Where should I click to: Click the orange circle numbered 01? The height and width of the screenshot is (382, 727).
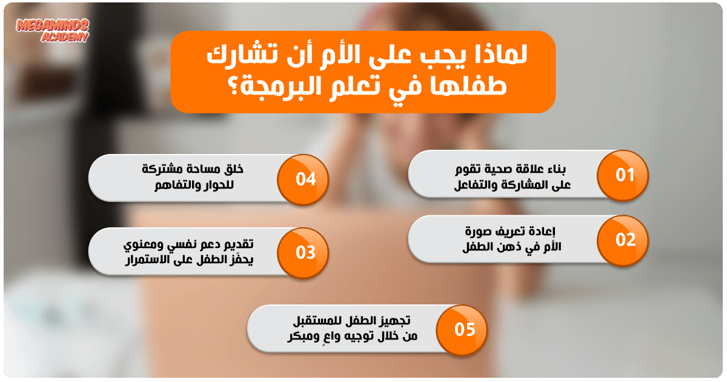[623, 175]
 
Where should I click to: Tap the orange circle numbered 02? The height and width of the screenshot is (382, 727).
[623, 240]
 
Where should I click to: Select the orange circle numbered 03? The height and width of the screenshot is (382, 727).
[303, 253]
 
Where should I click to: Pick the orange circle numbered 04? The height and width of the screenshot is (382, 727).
[303, 179]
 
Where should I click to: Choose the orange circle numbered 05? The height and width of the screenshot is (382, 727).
[462, 330]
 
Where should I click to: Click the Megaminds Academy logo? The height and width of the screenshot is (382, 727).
[52, 30]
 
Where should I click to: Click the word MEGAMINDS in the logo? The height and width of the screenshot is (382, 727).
[52, 25]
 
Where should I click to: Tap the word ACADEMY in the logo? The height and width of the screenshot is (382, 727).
[65, 37]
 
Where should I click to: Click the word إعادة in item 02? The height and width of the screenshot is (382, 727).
[542, 232]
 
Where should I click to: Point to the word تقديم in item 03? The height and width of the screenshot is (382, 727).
[237, 244]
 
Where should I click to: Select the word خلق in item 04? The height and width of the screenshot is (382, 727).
[233, 169]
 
